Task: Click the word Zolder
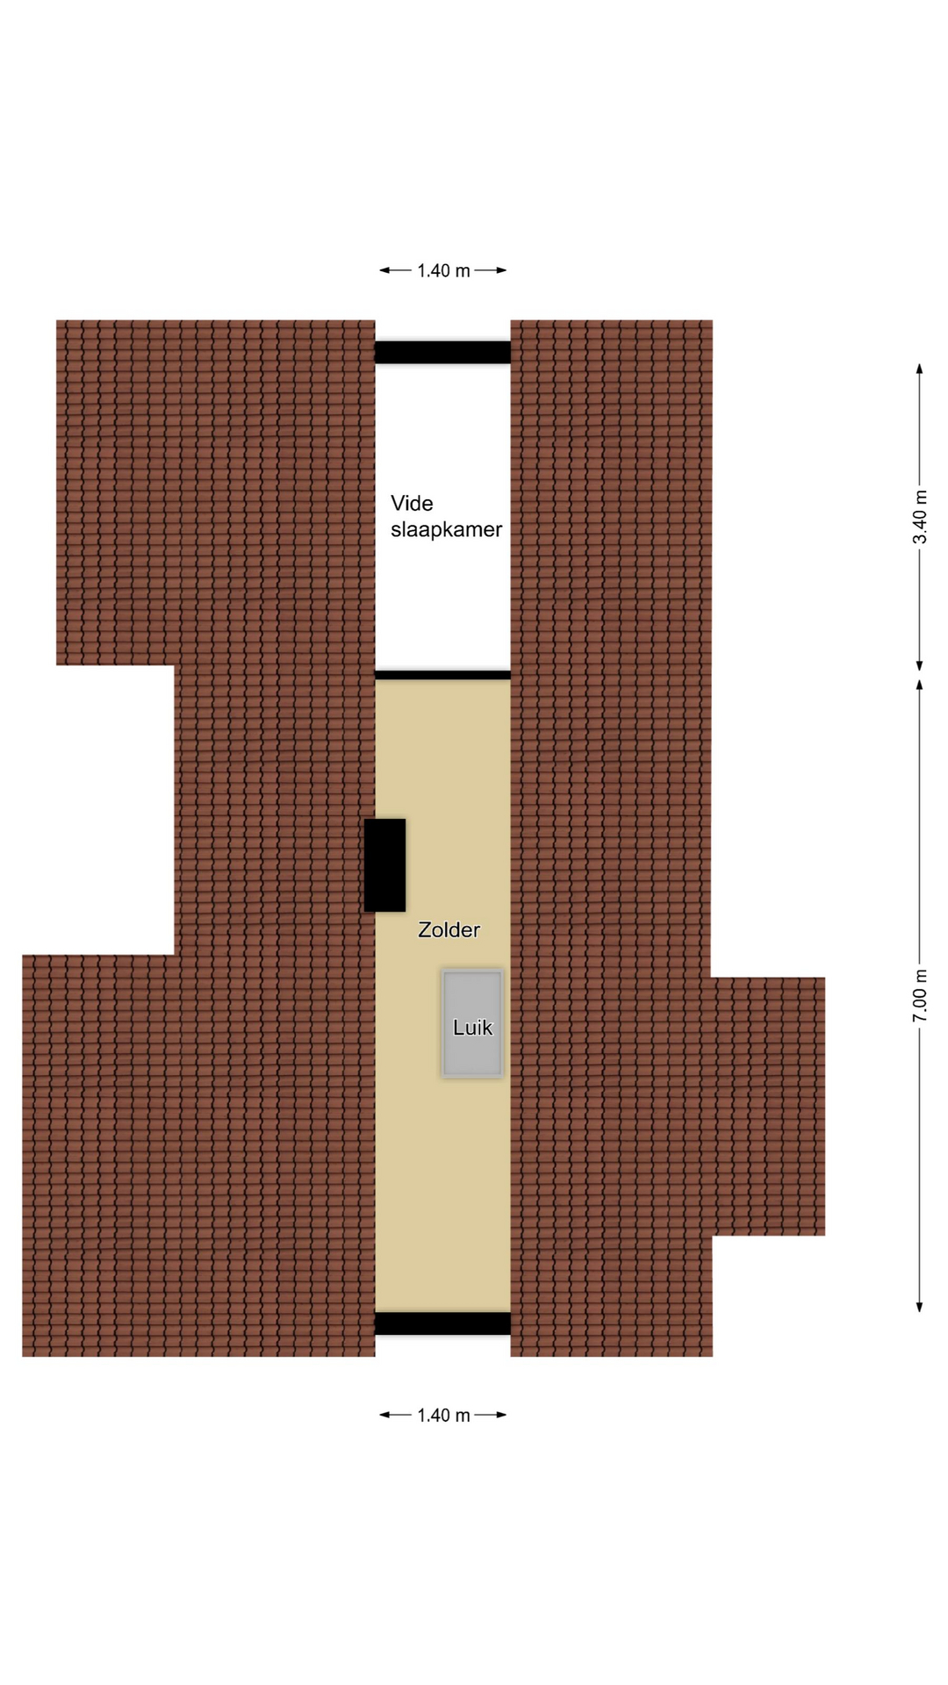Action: point(449,929)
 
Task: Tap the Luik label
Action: point(472,1027)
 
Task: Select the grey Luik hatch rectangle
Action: point(472,1023)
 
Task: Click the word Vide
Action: point(412,503)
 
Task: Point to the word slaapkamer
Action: point(446,529)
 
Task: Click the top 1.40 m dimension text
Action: point(443,270)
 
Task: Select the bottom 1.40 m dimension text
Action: point(443,1415)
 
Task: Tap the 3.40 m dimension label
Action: point(920,517)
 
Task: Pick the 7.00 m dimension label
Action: point(920,996)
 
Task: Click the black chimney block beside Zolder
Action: point(384,865)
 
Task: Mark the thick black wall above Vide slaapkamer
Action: point(442,352)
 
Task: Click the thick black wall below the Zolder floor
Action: point(442,1323)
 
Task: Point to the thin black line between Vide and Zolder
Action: point(442,675)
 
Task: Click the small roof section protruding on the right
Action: point(768,1106)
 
